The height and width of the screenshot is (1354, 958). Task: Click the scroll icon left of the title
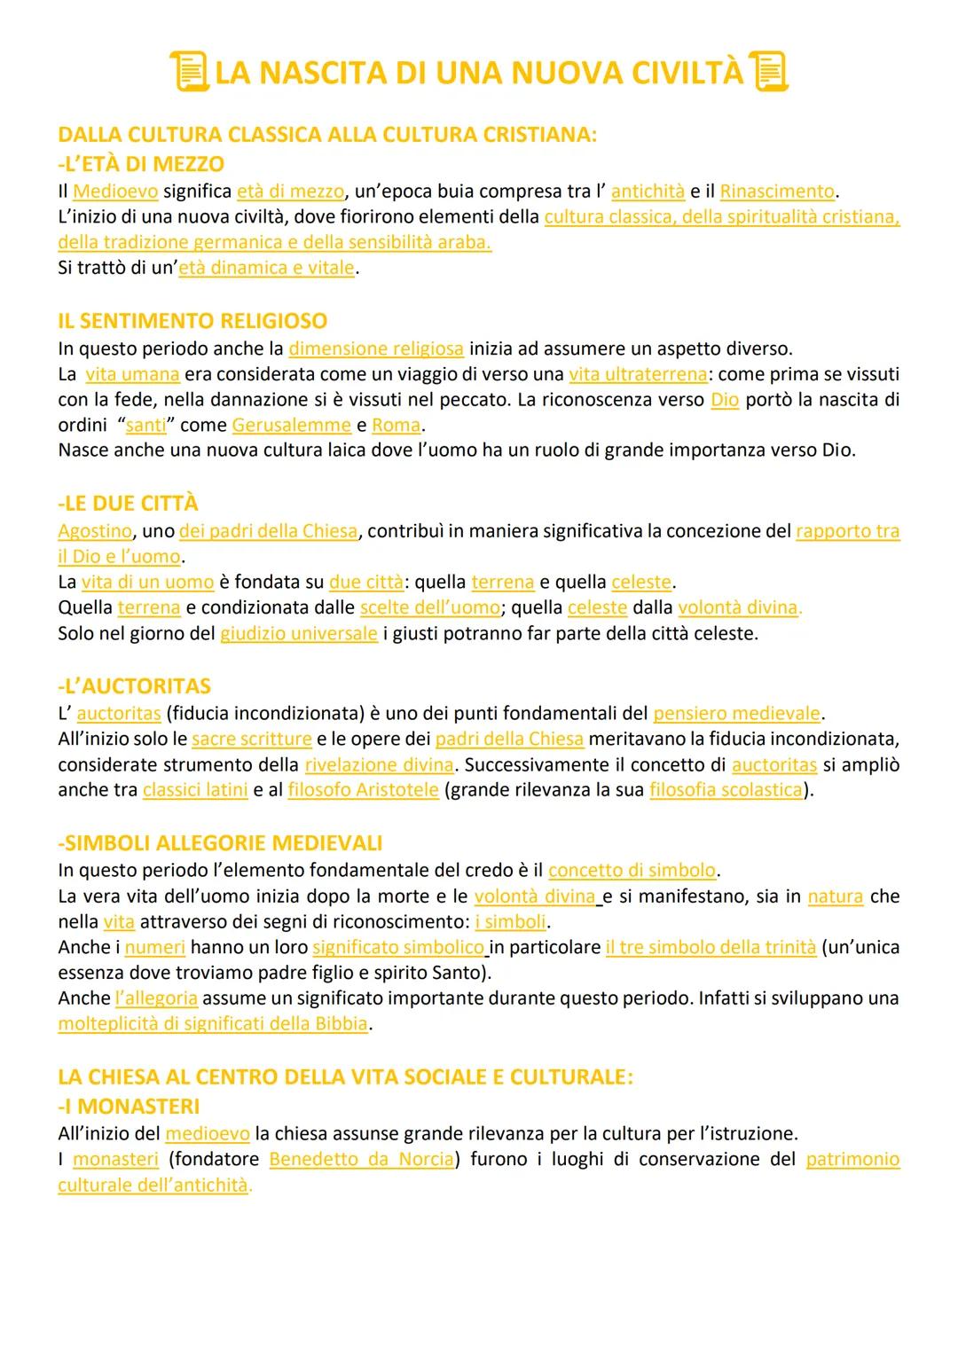coord(188,72)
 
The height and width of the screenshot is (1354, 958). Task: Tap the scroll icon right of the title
coord(768,72)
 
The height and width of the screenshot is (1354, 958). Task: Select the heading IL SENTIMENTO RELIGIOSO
coord(192,320)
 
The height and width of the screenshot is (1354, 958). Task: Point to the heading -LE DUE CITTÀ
coord(128,503)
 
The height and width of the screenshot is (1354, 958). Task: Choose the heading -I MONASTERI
coord(129,1106)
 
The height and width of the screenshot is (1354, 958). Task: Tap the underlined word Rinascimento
coord(777,191)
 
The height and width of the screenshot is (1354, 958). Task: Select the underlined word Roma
coord(397,425)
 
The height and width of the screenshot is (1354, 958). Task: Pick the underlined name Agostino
coord(95,531)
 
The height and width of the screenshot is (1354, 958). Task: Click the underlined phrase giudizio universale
coord(299,634)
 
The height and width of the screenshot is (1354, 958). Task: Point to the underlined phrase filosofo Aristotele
coord(364,789)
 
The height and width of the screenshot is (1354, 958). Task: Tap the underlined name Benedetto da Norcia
coord(362,1159)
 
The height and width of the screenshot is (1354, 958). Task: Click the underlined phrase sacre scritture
coord(252,739)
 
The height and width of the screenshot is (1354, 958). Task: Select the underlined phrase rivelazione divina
coord(379,764)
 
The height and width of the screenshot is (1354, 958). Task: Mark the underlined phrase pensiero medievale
coord(737,713)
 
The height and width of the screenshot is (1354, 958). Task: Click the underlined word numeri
coord(154,947)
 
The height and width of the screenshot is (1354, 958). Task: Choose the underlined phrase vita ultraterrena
coord(638,374)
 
